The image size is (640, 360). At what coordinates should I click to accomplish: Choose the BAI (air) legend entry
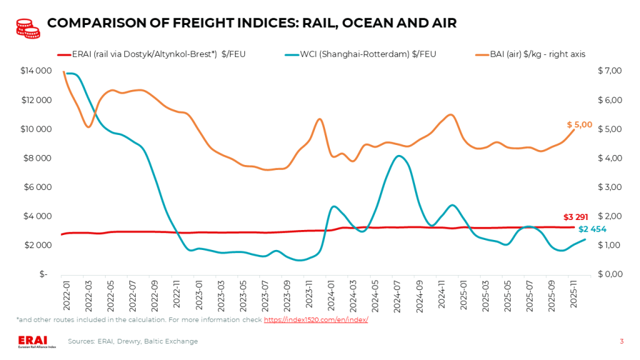tap(526, 54)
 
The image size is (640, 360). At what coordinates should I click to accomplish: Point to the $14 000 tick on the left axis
tap(35, 71)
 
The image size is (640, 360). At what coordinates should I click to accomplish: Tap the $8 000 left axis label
tap(37, 158)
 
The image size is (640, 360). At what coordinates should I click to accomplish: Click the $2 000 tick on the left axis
tap(37, 245)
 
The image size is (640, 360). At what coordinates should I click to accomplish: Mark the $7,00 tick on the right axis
tap(609, 71)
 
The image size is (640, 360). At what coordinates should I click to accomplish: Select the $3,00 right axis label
tap(609, 187)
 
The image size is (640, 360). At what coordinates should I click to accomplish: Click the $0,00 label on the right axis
tap(609, 274)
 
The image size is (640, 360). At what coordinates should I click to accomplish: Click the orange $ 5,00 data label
tap(579, 125)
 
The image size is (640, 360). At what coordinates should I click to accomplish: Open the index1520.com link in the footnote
tap(316, 319)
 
